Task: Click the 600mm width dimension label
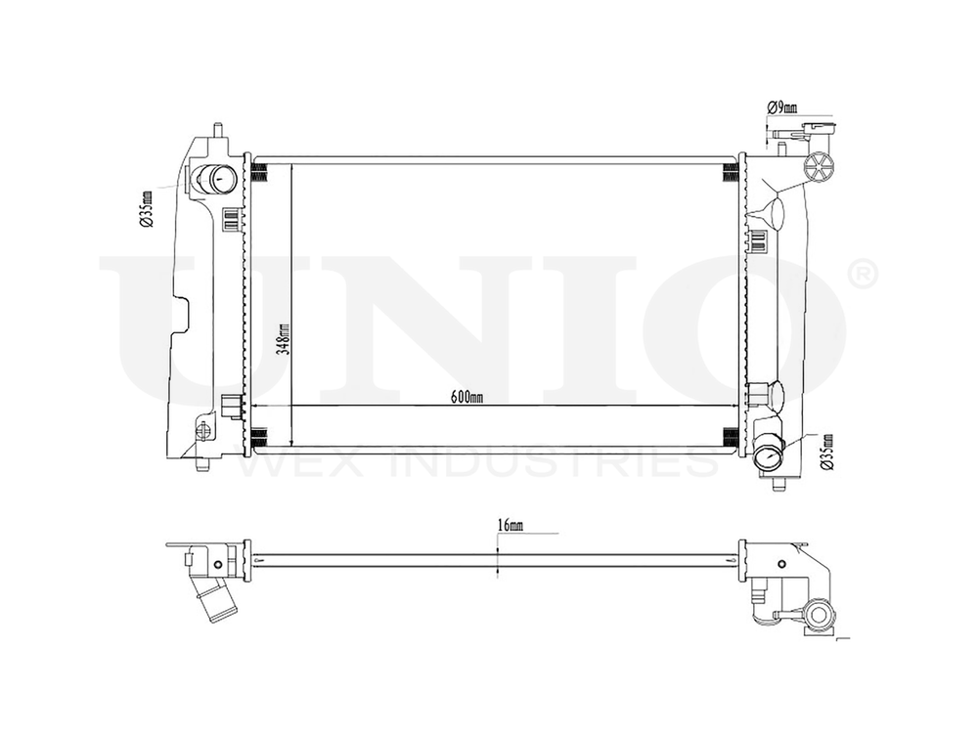(x=467, y=396)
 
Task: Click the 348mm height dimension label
(x=284, y=339)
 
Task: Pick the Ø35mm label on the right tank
(x=828, y=451)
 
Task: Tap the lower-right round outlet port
(x=771, y=456)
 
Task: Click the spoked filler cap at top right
(x=818, y=163)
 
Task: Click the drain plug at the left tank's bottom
(x=205, y=431)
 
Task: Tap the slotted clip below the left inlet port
(x=231, y=219)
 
